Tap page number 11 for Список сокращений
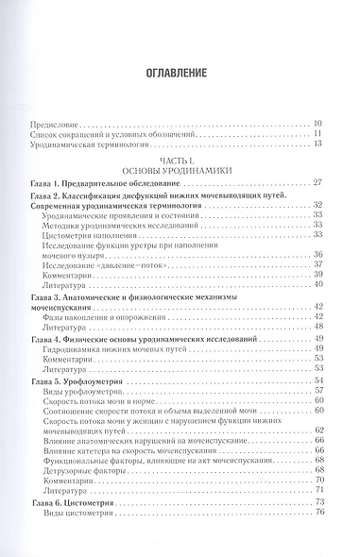point(318,133)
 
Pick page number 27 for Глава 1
point(318,181)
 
